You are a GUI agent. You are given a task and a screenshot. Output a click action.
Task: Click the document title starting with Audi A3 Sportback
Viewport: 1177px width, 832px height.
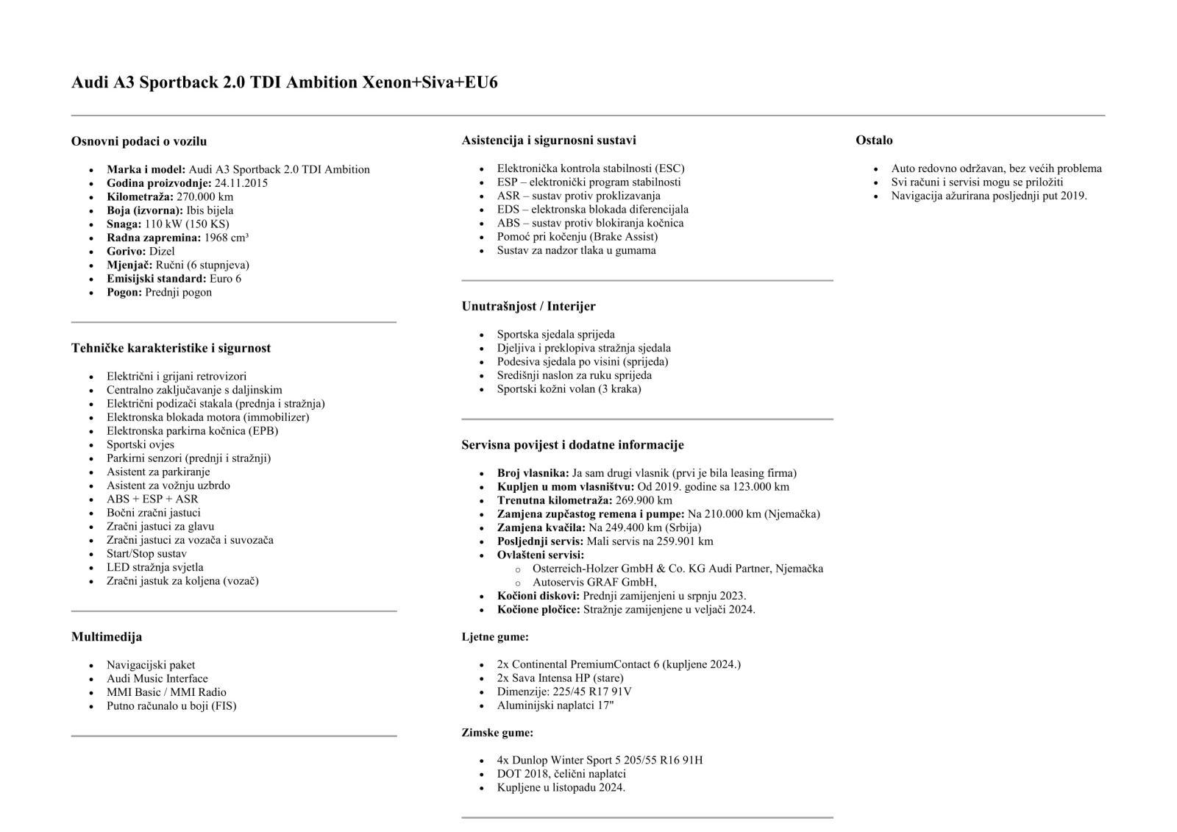click(284, 82)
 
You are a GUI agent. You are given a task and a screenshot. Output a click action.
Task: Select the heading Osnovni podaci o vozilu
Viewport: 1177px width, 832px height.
click(139, 141)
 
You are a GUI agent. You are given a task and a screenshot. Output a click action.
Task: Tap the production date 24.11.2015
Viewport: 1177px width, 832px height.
click(241, 183)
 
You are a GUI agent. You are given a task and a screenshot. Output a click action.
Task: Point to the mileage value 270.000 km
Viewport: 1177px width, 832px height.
click(205, 196)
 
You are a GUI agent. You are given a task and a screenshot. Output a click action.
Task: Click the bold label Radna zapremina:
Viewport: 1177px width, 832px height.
click(153, 238)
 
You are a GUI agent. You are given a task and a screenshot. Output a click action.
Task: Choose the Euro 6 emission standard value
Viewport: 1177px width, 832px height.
click(225, 279)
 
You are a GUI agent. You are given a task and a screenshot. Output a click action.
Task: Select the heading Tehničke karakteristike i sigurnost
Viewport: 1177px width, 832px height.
click(171, 348)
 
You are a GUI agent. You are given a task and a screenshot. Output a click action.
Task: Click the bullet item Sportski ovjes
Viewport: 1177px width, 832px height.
click(141, 444)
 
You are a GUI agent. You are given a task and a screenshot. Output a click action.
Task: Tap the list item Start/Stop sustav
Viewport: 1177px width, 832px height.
click(146, 553)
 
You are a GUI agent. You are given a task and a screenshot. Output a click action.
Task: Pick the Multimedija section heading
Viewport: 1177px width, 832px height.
click(107, 636)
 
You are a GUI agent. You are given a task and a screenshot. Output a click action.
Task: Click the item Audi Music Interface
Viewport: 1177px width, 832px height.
click(157, 678)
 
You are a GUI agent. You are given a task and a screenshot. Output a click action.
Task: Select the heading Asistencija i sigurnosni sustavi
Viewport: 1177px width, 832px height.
click(549, 140)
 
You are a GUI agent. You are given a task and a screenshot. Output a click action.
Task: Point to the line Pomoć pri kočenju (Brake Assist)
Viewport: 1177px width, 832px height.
click(577, 236)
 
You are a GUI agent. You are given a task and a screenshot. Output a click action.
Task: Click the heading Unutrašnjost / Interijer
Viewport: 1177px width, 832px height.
click(528, 306)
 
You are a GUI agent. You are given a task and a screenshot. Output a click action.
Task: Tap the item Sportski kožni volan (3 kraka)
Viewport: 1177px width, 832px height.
click(569, 388)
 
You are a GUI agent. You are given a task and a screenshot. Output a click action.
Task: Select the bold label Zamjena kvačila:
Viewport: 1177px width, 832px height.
click(541, 527)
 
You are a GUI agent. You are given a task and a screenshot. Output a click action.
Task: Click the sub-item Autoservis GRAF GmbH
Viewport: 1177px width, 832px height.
click(594, 582)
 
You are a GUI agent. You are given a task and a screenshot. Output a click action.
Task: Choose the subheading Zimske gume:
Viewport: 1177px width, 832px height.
click(497, 733)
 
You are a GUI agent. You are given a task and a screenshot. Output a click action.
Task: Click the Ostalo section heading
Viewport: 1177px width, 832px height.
click(874, 140)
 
